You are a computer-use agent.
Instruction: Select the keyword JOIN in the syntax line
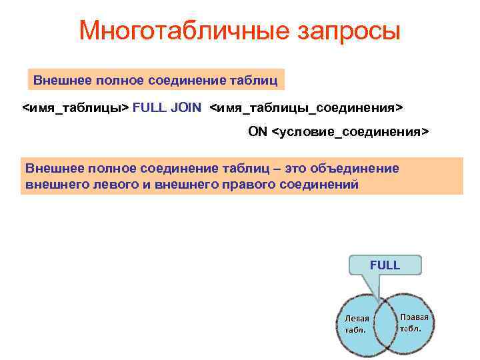coord(186,107)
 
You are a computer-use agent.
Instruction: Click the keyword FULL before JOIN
coord(151,107)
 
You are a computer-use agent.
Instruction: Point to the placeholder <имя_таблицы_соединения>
coord(307,107)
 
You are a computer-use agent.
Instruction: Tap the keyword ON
coord(257,131)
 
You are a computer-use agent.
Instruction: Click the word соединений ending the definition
coord(316,184)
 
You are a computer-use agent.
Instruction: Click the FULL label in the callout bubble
coord(385,265)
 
